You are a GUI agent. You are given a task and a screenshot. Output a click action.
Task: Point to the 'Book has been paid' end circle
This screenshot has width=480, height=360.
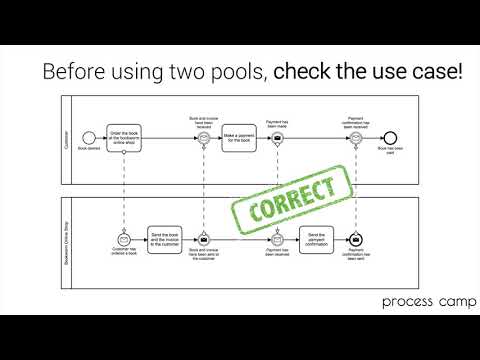[391, 137]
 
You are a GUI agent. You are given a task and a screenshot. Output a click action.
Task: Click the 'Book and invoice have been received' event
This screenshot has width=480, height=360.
[203, 137]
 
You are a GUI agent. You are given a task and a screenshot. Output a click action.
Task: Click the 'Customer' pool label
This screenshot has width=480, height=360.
[66, 137]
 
